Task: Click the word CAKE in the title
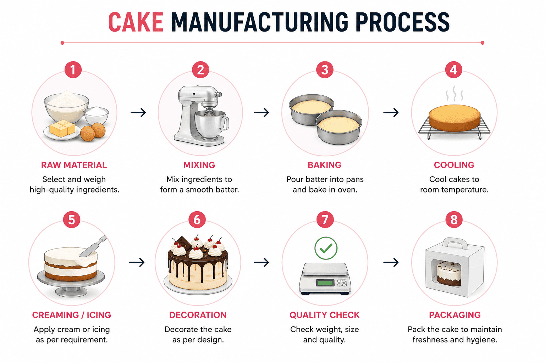pos(136,22)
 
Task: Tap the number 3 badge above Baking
pos(325,70)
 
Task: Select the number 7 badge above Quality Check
pos(325,219)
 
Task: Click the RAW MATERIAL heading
pos(74,165)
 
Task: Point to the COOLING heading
pos(454,165)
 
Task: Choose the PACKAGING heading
pos(455,315)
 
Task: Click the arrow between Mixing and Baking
pos(261,112)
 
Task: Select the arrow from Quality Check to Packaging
pos(391,262)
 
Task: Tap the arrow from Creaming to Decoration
pos(137,262)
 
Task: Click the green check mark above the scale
pos(326,248)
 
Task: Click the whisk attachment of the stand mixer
pos(208,112)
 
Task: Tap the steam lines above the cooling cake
pos(454,94)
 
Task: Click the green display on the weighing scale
pos(325,283)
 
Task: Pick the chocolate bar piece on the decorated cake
pos(184,243)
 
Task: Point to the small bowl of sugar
pos(97,116)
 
